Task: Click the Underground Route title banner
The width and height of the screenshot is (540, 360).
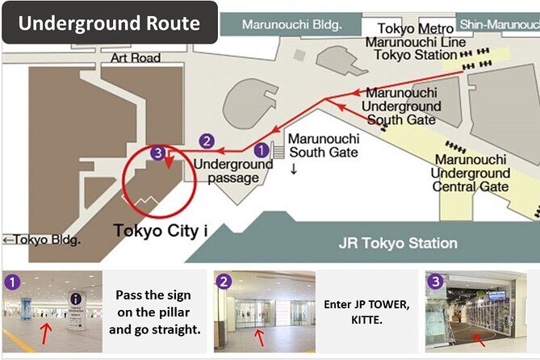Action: (109, 22)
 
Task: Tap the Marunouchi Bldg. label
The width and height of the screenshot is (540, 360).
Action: (291, 23)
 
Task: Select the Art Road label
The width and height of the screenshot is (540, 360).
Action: (136, 58)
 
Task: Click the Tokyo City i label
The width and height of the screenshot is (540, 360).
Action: (161, 231)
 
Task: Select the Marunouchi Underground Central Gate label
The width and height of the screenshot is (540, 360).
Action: (470, 173)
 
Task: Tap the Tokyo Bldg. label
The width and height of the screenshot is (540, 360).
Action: (42, 240)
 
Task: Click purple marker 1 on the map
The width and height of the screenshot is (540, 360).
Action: (262, 149)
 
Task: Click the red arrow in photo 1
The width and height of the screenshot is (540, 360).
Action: (47, 329)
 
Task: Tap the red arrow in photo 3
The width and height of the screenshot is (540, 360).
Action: (477, 337)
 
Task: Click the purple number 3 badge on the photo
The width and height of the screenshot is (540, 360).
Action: (436, 282)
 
